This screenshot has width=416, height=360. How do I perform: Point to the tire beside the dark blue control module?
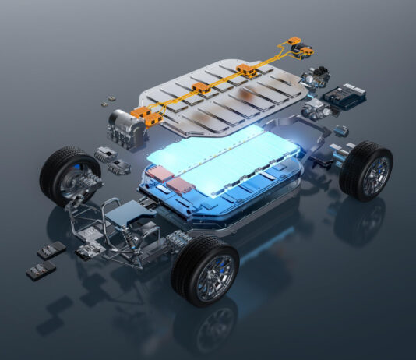(x=366, y=170)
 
